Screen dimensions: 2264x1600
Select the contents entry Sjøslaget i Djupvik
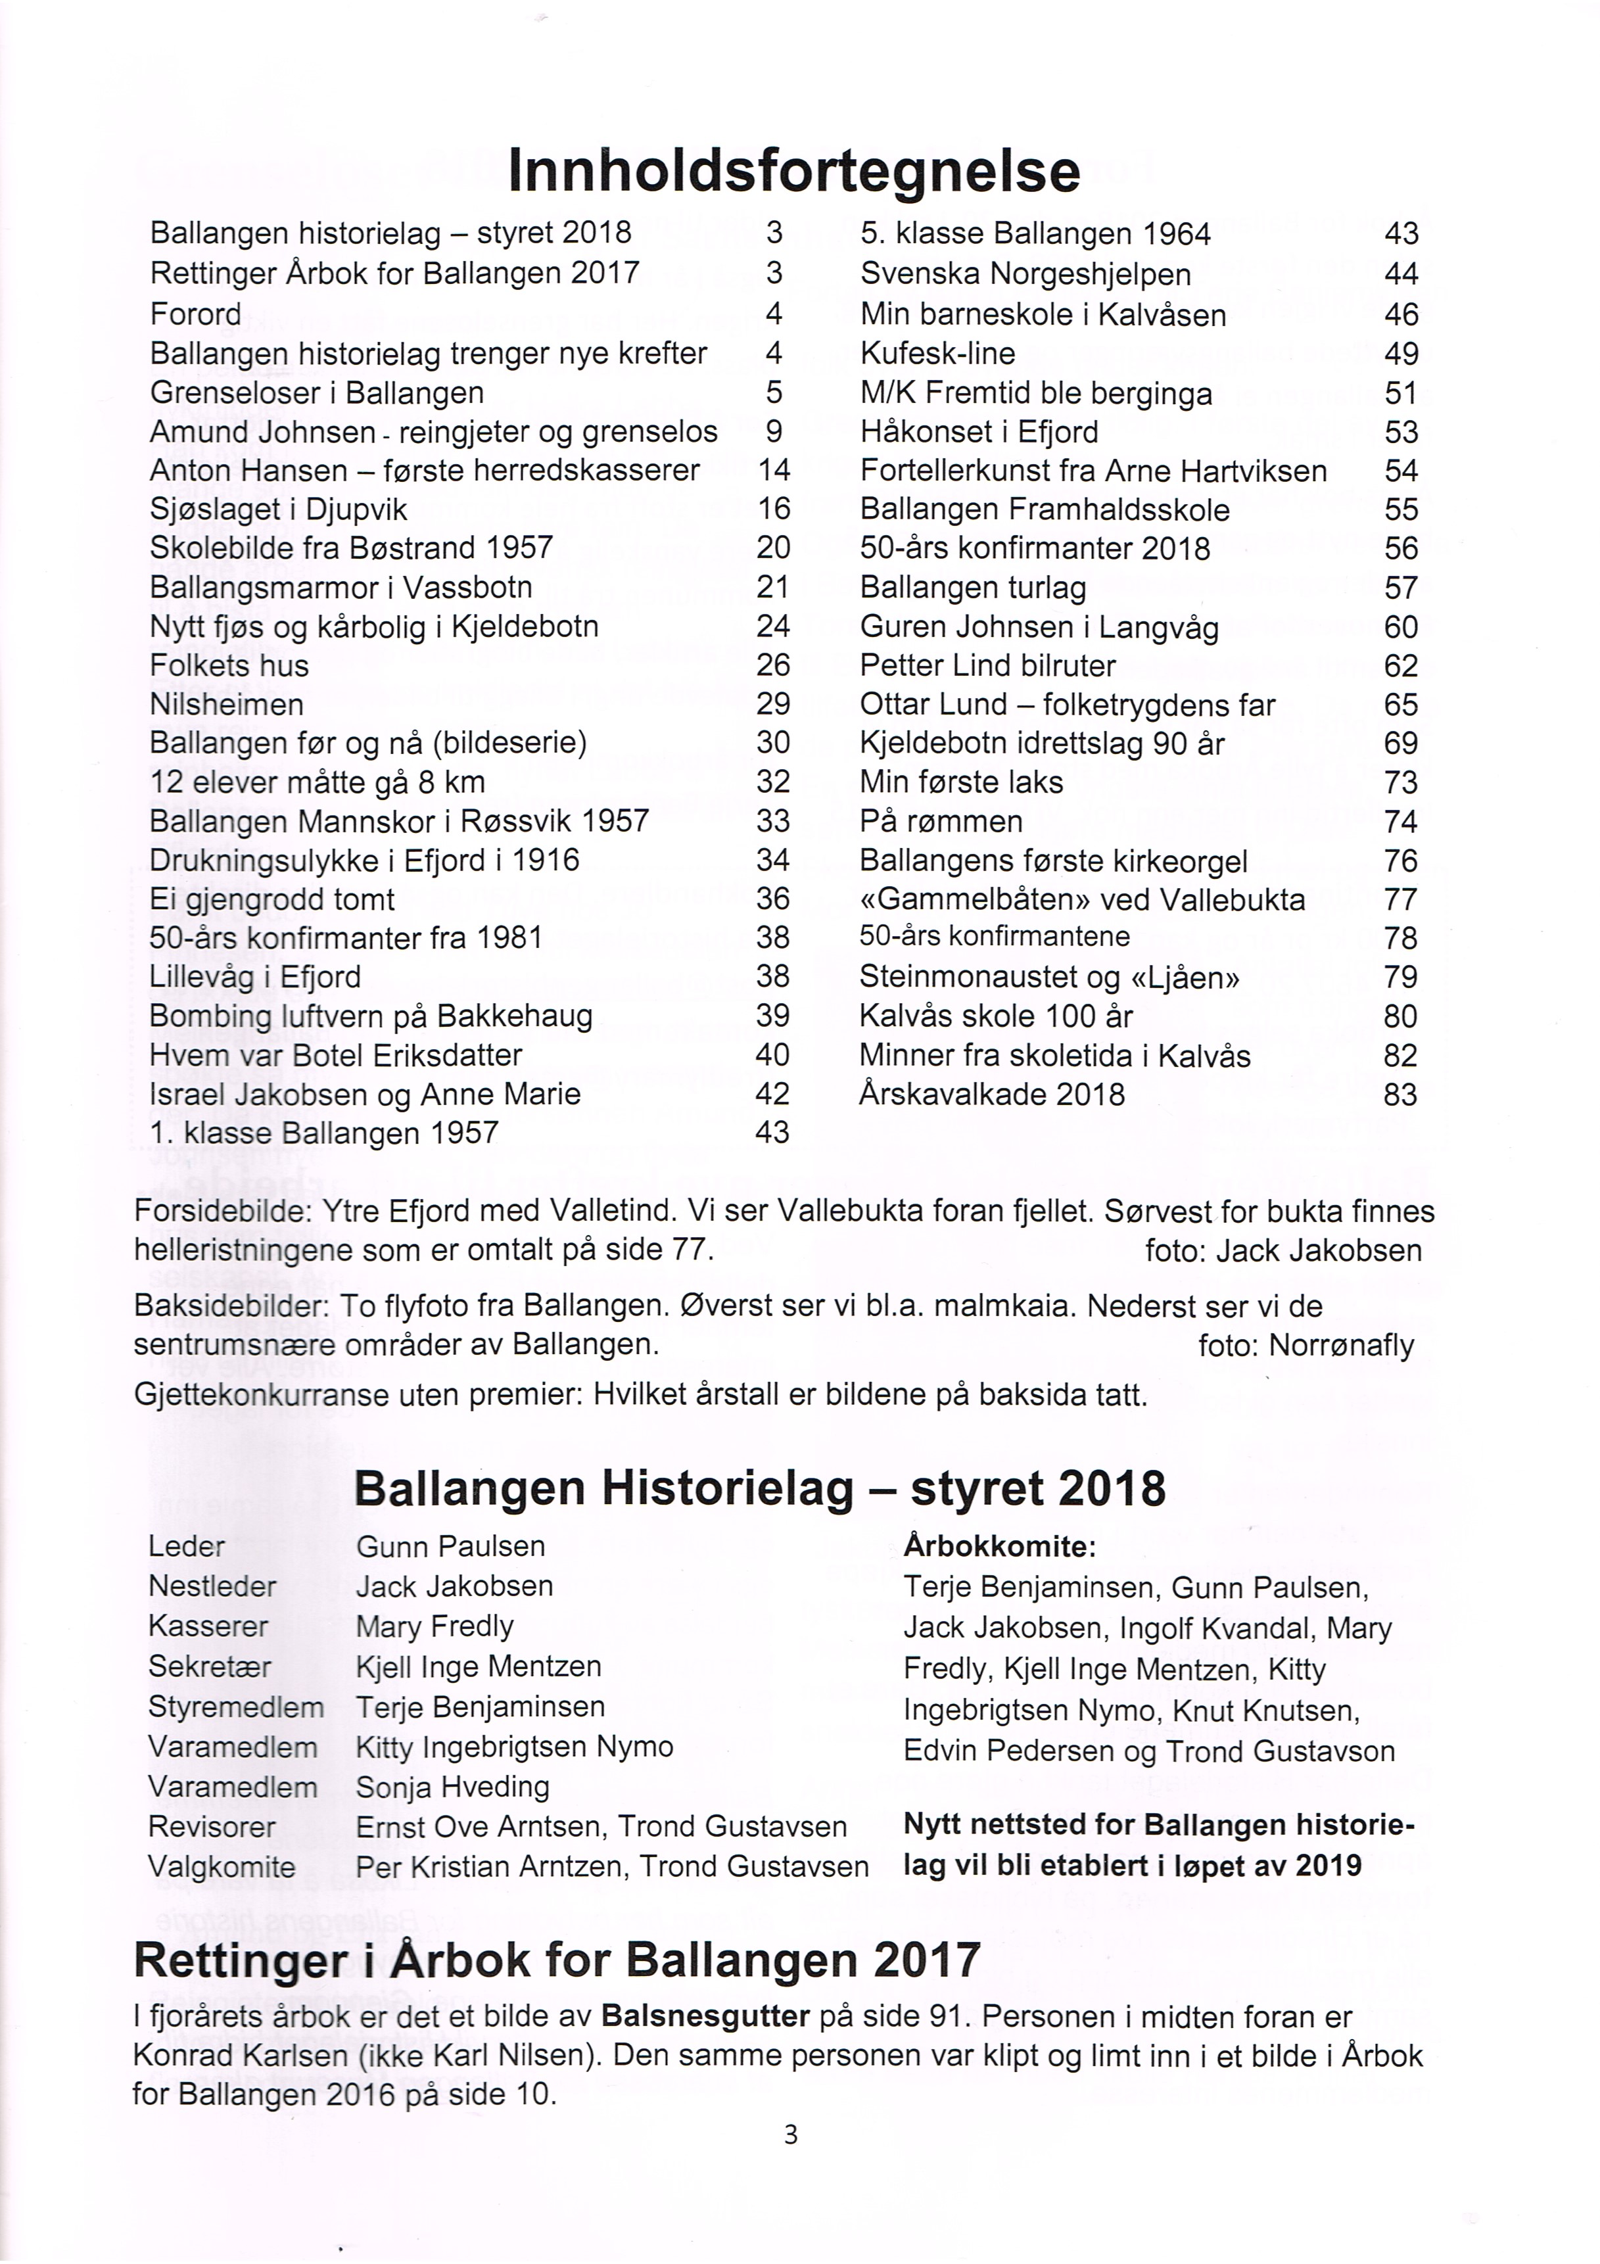click(278, 510)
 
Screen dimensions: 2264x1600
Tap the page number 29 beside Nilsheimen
click(773, 704)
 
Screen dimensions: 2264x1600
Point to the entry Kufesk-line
click(937, 354)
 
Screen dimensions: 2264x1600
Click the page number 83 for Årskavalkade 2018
click(1400, 1095)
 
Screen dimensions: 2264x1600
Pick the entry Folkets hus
click(229, 665)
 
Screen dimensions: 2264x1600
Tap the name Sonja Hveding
click(452, 1787)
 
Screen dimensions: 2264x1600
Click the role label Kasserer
click(208, 1626)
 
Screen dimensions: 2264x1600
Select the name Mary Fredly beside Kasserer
click(435, 1626)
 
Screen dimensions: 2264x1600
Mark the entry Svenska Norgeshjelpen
click(1025, 274)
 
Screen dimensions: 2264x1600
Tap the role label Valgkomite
click(222, 1867)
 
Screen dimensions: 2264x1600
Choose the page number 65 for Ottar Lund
click(1400, 705)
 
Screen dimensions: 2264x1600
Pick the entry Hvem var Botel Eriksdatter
click(336, 1055)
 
